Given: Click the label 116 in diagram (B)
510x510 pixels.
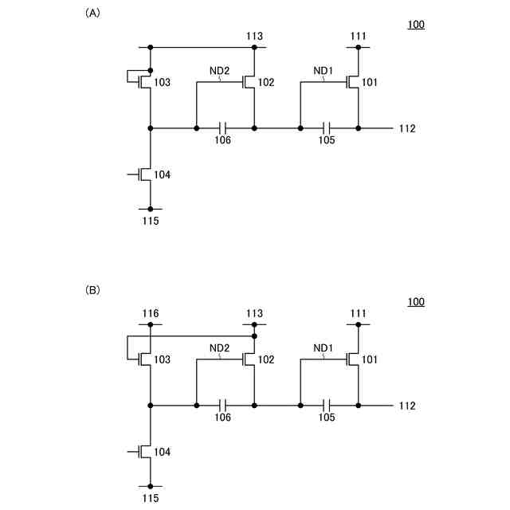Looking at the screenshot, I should coord(151,313).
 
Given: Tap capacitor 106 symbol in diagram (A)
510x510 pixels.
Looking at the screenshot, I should coord(224,127).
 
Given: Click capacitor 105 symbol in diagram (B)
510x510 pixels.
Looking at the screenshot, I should coord(328,406).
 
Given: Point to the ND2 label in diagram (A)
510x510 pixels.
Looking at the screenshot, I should coord(220,71).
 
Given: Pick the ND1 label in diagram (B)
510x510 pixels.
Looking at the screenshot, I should coord(323,348).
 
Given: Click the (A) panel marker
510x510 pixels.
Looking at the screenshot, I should coord(92,14).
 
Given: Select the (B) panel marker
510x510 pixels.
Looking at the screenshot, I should coord(92,291).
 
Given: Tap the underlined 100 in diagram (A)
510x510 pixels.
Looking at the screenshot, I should coord(416,25).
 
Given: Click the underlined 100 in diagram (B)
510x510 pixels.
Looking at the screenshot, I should coord(416,302).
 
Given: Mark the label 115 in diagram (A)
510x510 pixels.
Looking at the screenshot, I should coord(151,221).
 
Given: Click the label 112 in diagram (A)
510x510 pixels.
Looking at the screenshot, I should coord(407,128).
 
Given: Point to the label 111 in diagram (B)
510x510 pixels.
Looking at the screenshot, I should coord(359,313).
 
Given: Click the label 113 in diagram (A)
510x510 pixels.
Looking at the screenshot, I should coord(254,36).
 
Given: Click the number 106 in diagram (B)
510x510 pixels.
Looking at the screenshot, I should coord(223,418).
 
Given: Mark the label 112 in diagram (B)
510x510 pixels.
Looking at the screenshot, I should coord(407,406).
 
